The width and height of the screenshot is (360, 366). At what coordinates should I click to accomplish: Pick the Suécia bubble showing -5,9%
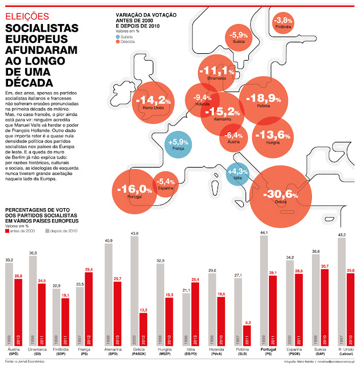click(238, 38)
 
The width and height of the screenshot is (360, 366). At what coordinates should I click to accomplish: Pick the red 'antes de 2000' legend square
click(7, 231)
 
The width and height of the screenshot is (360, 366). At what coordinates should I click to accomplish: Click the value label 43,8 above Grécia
click(134, 233)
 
